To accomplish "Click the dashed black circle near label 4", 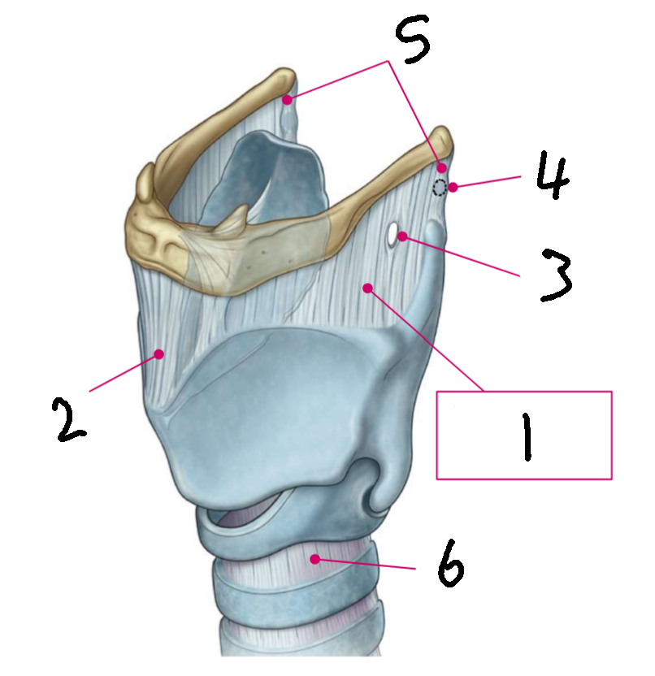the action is pos(440,188).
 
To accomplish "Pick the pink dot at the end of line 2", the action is pos(161,353).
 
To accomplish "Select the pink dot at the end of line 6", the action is pos(314,558).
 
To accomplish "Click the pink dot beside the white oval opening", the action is pos(403,236).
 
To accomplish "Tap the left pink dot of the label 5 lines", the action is pos(287,100).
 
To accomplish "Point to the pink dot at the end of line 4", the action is pos(453,188).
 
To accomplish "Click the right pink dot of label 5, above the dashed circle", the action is pos(442,167).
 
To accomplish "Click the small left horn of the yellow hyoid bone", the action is pos(145,182).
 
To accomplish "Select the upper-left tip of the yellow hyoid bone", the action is pos(284,80).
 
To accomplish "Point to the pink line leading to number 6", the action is pos(366,564).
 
